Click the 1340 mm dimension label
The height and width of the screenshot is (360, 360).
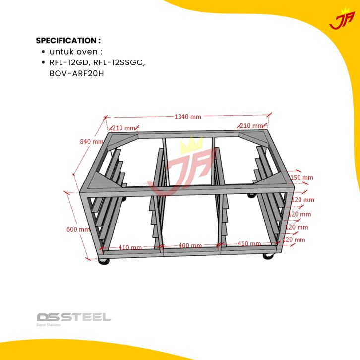(187, 117)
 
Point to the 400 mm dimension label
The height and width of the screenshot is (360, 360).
(190, 245)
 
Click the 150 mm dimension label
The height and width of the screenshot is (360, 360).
(301, 177)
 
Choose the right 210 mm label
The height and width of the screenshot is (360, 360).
(251, 125)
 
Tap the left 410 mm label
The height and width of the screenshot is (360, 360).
(130, 247)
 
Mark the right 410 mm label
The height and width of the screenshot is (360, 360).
(249, 244)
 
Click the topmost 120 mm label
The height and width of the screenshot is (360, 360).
(302, 200)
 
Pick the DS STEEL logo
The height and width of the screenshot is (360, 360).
(73, 317)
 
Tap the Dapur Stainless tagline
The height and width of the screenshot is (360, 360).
(49, 326)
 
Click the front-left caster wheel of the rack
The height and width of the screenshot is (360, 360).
(104, 261)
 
